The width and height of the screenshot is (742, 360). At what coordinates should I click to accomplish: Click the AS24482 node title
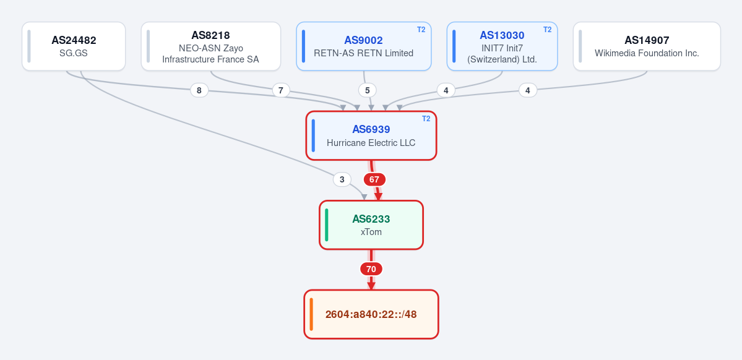pyautogui.click(x=74, y=40)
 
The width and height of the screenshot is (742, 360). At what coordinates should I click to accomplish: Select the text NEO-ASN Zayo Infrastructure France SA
pyautogui.click(x=210, y=53)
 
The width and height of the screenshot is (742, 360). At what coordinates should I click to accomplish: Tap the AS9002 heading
pyautogui.click(x=363, y=40)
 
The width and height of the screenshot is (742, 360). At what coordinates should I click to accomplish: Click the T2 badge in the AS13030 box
pyautogui.click(x=548, y=29)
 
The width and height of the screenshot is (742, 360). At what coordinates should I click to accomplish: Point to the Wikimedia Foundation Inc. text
pyautogui.click(x=647, y=53)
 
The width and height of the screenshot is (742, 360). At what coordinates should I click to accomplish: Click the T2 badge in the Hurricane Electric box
pyautogui.click(x=426, y=119)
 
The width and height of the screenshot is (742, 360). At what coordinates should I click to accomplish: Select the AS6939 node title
pyautogui.click(x=371, y=130)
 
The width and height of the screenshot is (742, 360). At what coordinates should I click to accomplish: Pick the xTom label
pyautogui.click(x=371, y=232)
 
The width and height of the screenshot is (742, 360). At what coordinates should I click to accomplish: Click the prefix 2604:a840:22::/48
pyautogui.click(x=371, y=314)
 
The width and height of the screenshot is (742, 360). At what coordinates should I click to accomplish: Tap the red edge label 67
pyautogui.click(x=374, y=180)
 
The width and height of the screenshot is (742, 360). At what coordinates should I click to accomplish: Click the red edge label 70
pyautogui.click(x=371, y=269)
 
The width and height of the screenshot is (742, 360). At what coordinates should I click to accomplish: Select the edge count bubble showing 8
pyautogui.click(x=199, y=90)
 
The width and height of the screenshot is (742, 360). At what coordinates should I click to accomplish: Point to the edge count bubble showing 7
pyautogui.click(x=281, y=90)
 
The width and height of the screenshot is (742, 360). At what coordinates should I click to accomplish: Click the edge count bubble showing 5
pyautogui.click(x=367, y=90)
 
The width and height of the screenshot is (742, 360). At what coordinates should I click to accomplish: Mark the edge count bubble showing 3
pyautogui.click(x=342, y=180)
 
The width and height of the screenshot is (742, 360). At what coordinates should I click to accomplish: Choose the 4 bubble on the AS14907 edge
pyautogui.click(x=528, y=90)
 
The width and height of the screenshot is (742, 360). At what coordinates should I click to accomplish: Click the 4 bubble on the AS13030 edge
pyautogui.click(x=446, y=90)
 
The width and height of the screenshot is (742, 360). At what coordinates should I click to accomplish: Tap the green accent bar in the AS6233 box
pyautogui.click(x=327, y=225)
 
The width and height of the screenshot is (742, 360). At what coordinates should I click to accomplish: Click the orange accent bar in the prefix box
pyautogui.click(x=311, y=314)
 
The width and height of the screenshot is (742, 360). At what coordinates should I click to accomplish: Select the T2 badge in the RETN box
pyautogui.click(x=421, y=29)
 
